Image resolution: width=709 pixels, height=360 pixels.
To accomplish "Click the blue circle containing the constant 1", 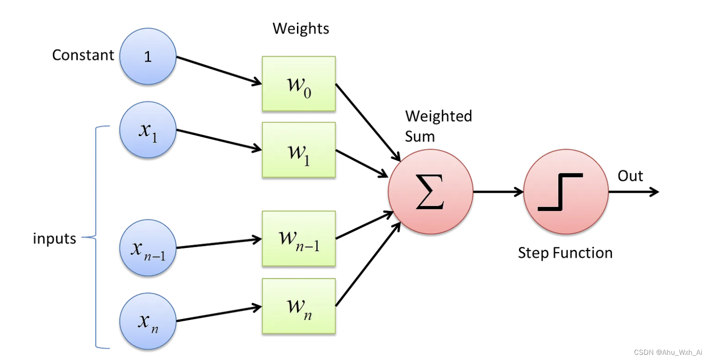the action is point(148,57).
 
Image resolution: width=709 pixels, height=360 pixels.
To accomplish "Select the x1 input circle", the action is point(148,130).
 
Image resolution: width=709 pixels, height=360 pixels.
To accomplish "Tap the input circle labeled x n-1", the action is point(148,248).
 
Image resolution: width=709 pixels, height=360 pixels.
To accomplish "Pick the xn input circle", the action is point(148,321).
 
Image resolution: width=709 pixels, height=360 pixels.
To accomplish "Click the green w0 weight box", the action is point(299,84).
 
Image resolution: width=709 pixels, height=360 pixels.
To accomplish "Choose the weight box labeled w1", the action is point(299,150).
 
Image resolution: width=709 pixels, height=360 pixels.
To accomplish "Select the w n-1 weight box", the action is point(299,238).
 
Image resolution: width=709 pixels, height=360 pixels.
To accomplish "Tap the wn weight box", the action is point(299,306).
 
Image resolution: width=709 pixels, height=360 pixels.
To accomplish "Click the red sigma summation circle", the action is point(430,192).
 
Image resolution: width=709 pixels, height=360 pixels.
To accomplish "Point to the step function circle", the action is point(566,192).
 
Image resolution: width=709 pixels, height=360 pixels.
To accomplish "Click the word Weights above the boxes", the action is point(301,29).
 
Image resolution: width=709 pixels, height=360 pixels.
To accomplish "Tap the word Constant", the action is point(83,55).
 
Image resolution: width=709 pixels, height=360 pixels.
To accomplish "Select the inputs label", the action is point(54,238).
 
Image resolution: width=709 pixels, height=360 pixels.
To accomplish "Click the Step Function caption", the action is point(565,253).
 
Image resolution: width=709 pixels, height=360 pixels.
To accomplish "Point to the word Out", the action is point(630,176).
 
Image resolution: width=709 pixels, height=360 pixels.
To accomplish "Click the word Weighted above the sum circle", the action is point(439,116).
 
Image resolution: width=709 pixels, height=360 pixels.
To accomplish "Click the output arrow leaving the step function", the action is point(634,192).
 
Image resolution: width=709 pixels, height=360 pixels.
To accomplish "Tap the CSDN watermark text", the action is point(668,352).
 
